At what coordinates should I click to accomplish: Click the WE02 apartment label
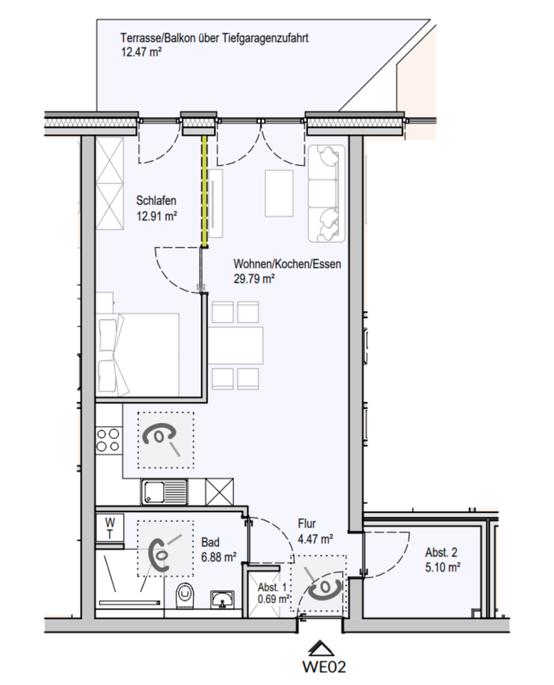324,666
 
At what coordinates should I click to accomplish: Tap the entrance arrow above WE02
322,648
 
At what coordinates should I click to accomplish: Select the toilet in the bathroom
185,597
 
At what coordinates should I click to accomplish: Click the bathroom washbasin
222,599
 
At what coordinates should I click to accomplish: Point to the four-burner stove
108,440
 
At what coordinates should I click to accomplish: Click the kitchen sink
164,492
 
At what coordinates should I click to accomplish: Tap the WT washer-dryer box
110,528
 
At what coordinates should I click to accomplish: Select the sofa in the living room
326,193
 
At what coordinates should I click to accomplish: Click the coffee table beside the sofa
279,193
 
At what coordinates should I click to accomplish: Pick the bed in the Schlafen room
138,355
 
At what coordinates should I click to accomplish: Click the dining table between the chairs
237,345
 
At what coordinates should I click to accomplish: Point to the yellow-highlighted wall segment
204,191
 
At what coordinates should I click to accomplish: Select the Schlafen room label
156,201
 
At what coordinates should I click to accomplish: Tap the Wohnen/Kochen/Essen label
287,264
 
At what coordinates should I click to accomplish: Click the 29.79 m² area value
254,279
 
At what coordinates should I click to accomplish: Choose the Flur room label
307,523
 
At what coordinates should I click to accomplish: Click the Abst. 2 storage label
441,552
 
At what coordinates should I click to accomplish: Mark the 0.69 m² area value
274,599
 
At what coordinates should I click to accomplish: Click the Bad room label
210,542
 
